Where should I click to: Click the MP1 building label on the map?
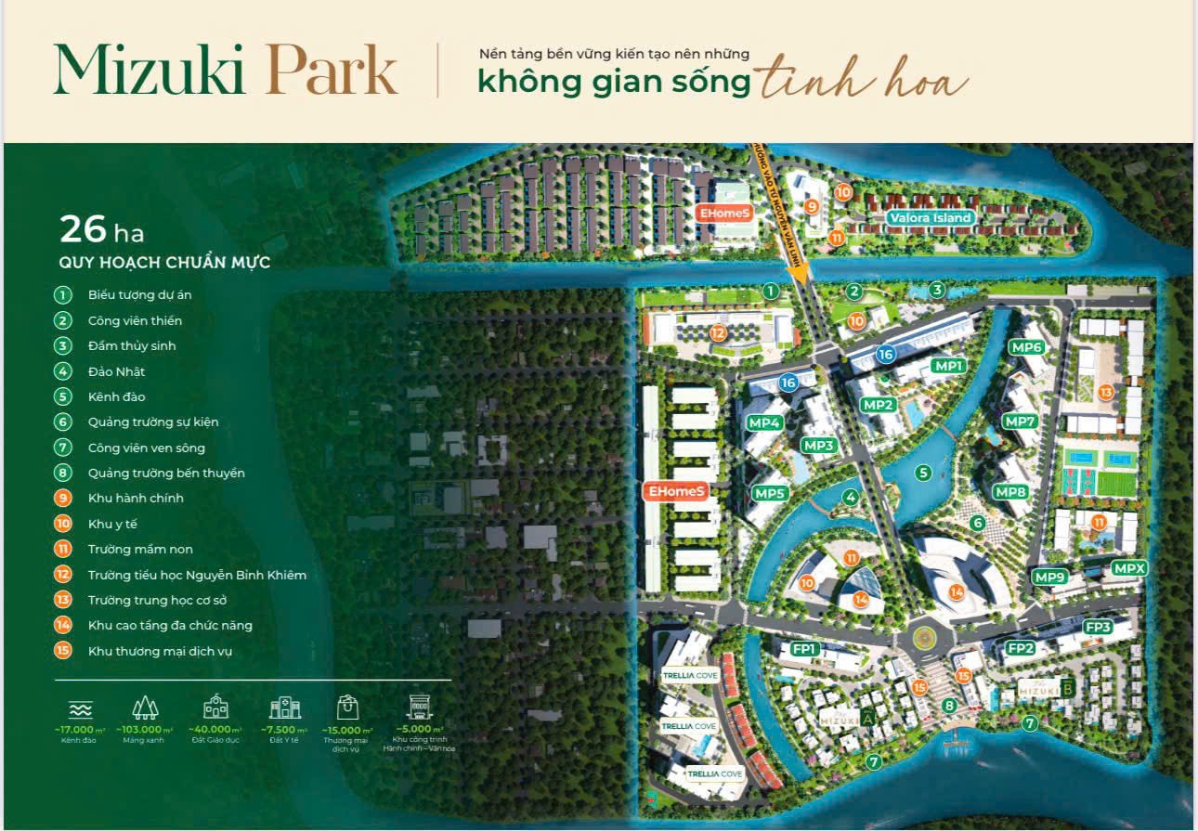tap(949, 366)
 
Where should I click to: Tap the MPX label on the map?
tap(1130, 568)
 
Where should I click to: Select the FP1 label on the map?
tap(803, 649)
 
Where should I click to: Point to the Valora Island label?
tap(930, 218)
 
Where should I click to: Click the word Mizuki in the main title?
tap(149, 71)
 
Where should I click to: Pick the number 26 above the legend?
tap(84, 228)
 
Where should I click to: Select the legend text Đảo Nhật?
tap(116, 371)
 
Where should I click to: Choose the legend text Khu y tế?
tap(112, 524)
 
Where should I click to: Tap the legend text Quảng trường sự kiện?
tap(153, 422)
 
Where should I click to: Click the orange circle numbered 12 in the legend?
tap(62, 575)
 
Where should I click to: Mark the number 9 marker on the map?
tap(812, 207)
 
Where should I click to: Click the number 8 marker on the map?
tap(949, 706)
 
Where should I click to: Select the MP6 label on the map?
tap(1027, 347)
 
